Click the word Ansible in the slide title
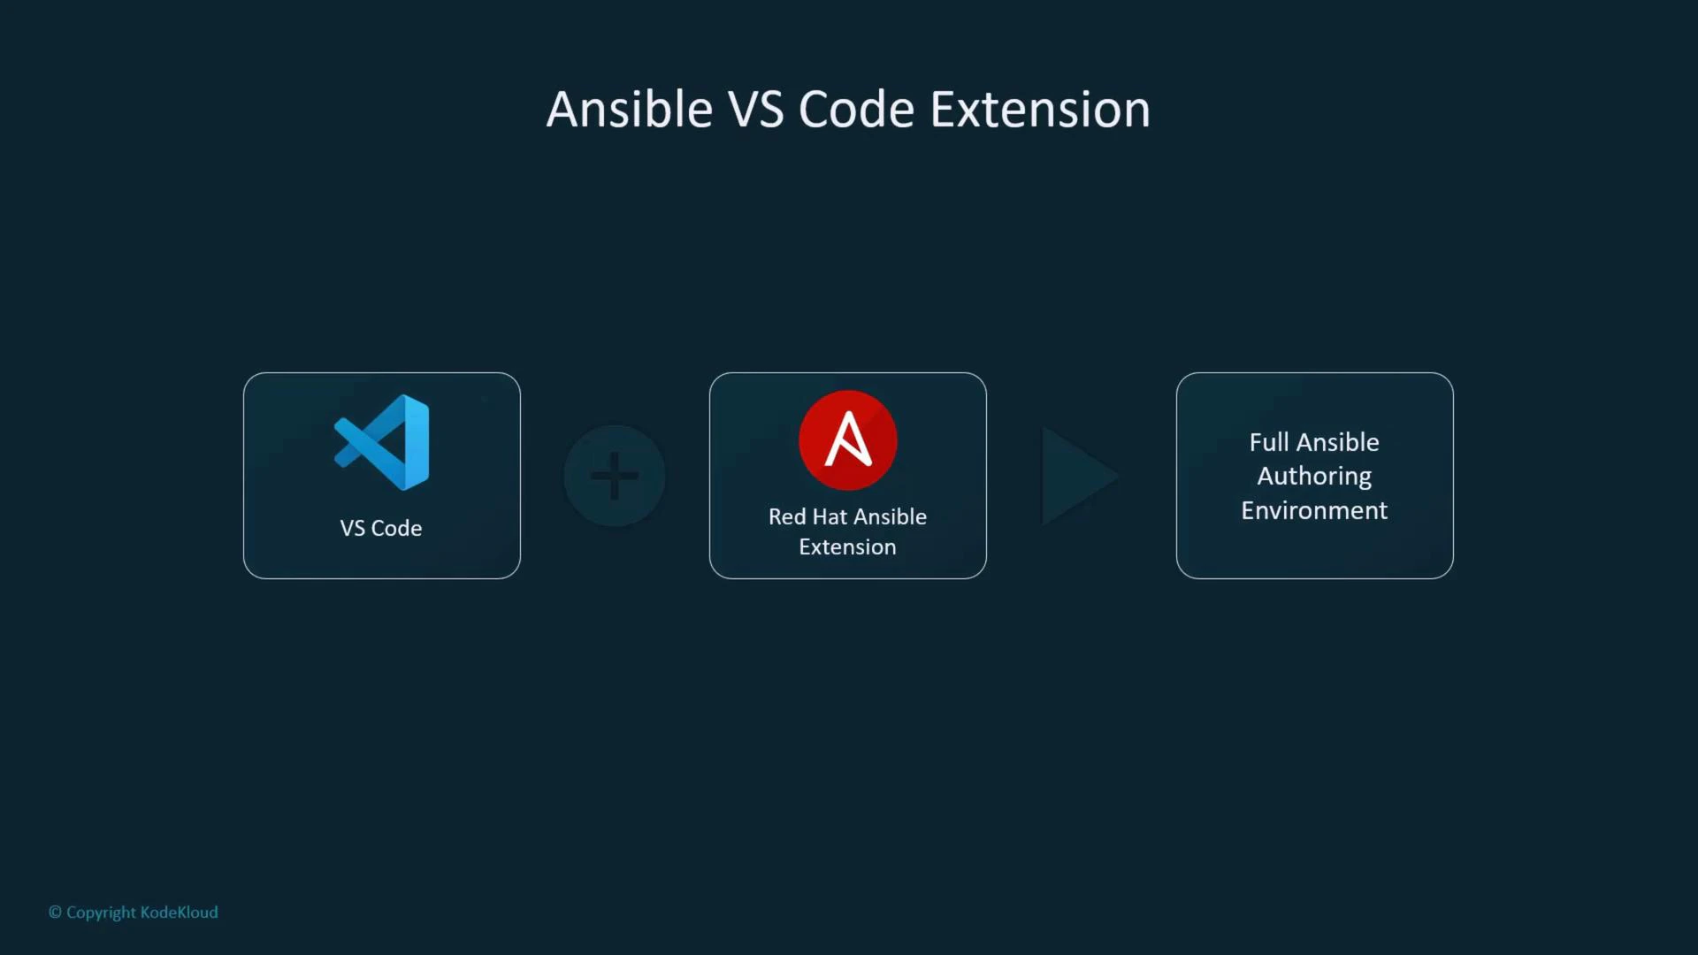tap(629, 110)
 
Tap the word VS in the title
tap(755, 110)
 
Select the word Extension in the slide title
tap(1040, 110)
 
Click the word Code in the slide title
tap(856, 110)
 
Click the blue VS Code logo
tap(383, 442)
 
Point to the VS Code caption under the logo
tap(381, 528)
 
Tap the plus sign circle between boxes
tap(615, 476)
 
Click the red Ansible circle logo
tap(847, 439)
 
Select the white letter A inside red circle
tap(847, 439)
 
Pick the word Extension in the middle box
tap(847, 547)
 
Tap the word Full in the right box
tap(1268, 442)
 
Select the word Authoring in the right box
tap(1314, 476)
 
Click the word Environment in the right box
tap(1314, 510)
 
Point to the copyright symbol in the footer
tap(55, 913)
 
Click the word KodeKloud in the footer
tap(179, 913)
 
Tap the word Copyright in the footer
tap(101, 913)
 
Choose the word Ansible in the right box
tap(1337, 442)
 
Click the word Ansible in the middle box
tap(890, 516)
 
